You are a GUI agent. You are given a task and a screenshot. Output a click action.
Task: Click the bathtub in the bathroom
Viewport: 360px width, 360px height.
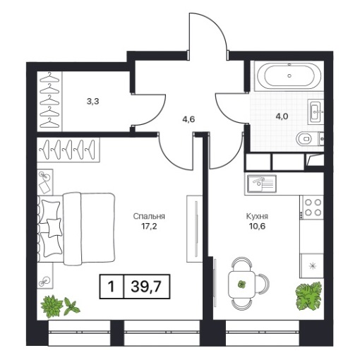click(x=289, y=76)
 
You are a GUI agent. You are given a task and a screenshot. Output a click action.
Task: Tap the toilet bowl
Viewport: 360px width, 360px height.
click(x=304, y=139)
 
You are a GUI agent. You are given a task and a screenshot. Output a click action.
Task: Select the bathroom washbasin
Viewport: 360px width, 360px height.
click(x=316, y=111)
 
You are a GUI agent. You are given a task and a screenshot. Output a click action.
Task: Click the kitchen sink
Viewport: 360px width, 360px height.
click(x=261, y=184)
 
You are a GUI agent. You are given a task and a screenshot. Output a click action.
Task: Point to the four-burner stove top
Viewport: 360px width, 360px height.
click(x=312, y=208)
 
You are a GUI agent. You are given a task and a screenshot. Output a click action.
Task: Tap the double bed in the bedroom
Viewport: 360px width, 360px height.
click(x=76, y=228)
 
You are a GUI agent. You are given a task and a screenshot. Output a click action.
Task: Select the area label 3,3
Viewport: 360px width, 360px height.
click(x=92, y=102)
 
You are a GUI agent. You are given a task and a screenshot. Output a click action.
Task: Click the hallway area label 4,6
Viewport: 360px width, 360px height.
click(x=188, y=119)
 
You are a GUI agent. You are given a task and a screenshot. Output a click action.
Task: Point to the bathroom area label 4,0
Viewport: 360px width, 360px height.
click(x=282, y=116)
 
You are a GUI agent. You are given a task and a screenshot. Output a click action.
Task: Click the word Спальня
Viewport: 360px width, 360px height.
click(x=149, y=216)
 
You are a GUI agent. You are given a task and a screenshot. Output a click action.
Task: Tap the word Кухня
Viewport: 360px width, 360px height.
click(x=257, y=216)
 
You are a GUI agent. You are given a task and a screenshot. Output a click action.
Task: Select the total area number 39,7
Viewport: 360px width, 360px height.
click(x=146, y=287)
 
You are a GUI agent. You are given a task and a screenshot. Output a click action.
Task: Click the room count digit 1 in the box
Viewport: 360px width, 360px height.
click(x=111, y=287)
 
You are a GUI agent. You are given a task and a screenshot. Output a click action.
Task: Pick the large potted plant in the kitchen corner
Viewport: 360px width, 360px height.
click(x=308, y=296)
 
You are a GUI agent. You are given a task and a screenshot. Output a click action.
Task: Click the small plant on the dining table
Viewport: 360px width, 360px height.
click(x=241, y=284)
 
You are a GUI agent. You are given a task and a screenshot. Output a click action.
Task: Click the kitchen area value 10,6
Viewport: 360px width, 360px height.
click(x=257, y=227)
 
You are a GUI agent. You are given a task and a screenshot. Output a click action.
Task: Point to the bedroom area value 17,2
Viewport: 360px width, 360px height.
click(x=149, y=227)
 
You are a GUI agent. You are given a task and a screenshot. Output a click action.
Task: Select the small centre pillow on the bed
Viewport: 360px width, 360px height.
click(x=54, y=227)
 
